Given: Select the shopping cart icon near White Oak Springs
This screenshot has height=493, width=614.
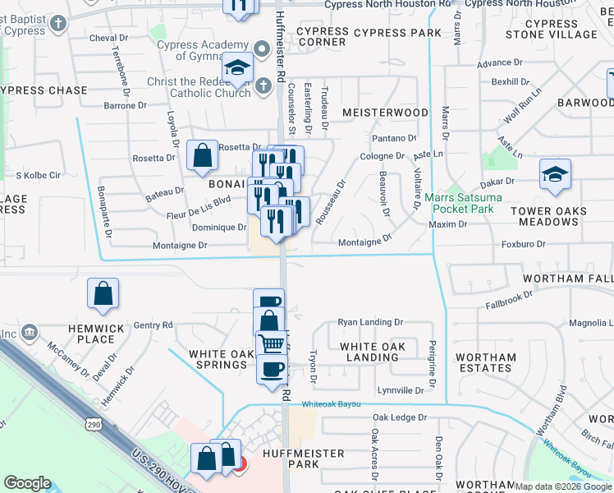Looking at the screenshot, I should (x=272, y=343).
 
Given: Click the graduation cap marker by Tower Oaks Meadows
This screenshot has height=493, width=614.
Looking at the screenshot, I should (x=555, y=174).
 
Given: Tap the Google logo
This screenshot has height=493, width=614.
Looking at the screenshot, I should (x=28, y=483).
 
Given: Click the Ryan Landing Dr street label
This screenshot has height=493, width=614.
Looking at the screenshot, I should (x=371, y=323).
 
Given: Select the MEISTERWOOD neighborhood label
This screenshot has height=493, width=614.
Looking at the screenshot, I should (x=385, y=112).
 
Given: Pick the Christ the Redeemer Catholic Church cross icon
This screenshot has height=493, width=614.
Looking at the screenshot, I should (x=263, y=85).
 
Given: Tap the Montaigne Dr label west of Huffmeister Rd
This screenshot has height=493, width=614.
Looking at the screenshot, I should (x=180, y=245).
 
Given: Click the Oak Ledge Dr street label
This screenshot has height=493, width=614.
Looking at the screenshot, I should (x=400, y=417).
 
